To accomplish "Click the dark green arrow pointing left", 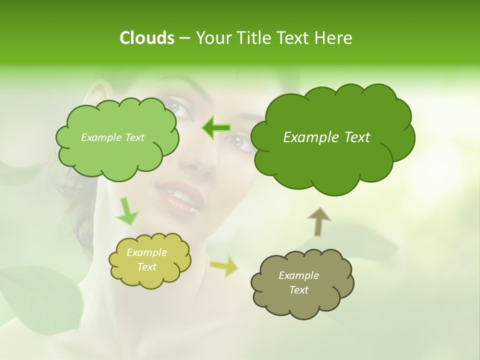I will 216,128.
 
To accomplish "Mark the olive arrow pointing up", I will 319,221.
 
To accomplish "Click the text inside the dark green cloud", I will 326,137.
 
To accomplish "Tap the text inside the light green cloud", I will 112,137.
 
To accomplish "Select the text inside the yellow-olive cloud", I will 147,260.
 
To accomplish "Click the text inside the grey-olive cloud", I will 298,282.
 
